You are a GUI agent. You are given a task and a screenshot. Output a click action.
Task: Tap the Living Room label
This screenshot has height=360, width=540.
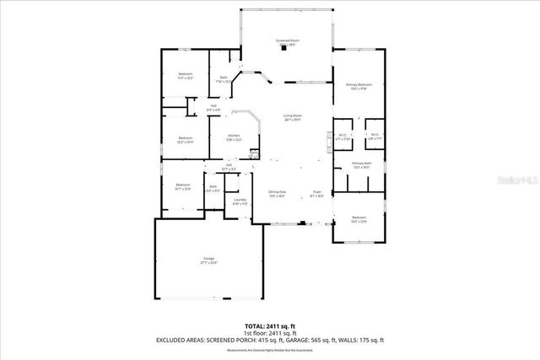click(x=292, y=117)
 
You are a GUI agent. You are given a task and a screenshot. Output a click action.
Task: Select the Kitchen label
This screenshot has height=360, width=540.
click(x=234, y=137)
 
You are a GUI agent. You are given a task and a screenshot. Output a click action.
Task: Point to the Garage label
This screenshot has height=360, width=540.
click(x=208, y=261)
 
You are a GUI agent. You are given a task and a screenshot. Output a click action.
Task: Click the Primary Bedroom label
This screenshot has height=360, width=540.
click(x=359, y=86)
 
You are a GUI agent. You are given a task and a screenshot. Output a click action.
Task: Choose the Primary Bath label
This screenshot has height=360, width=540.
click(x=361, y=165)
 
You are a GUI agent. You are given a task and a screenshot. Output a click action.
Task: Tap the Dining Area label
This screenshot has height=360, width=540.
click(x=278, y=193)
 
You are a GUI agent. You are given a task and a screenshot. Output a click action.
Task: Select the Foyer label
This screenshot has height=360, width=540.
click(x=316, y=193)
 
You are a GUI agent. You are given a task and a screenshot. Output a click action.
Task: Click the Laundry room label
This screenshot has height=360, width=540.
click(x=240, y=201)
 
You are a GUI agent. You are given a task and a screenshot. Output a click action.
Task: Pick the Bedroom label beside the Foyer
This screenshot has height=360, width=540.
click(x=359, y=219)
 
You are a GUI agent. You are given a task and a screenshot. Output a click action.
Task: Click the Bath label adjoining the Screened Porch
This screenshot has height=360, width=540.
click(x=224, y=79)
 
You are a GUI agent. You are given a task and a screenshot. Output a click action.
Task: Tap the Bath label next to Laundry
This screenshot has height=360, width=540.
click(x=213, y=188)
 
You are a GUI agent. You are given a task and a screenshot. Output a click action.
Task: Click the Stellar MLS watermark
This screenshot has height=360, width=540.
click(x=514, y=180)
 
